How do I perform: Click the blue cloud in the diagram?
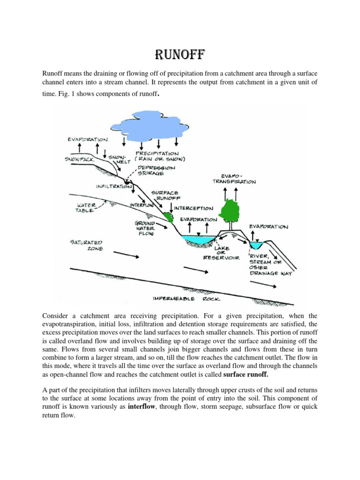150,124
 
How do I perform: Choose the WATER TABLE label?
84,208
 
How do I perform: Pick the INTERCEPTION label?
193,208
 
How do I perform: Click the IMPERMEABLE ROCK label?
187,298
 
